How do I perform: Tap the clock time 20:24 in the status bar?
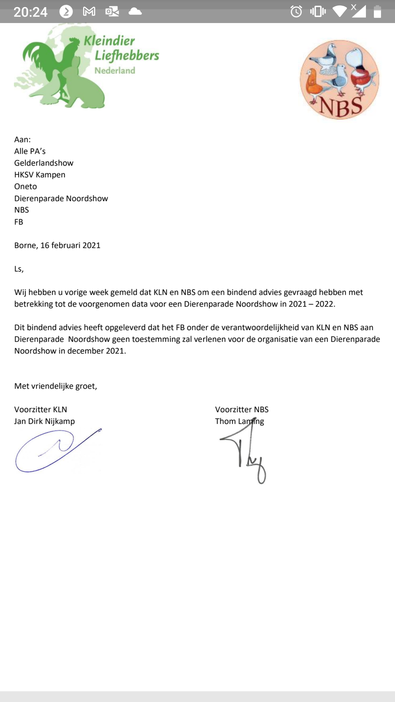pos(30,12)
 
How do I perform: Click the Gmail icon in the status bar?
pos(89,12)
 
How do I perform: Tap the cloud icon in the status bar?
pos(135,12)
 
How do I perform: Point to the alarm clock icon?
pos(296,12)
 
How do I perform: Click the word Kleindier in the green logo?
pos(109,41)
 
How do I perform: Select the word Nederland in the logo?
pos(115,71)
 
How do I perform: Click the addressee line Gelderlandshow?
pos(44,163)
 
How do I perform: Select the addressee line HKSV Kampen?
pos(40,175)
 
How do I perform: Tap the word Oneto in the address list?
pos(26,186)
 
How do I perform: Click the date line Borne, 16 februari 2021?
pos(57,245)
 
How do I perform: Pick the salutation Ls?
pos(19,269)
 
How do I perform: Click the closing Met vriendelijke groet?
pos(56,386)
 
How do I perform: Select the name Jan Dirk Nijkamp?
pos(44,421)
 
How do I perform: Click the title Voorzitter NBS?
pos(242,409)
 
